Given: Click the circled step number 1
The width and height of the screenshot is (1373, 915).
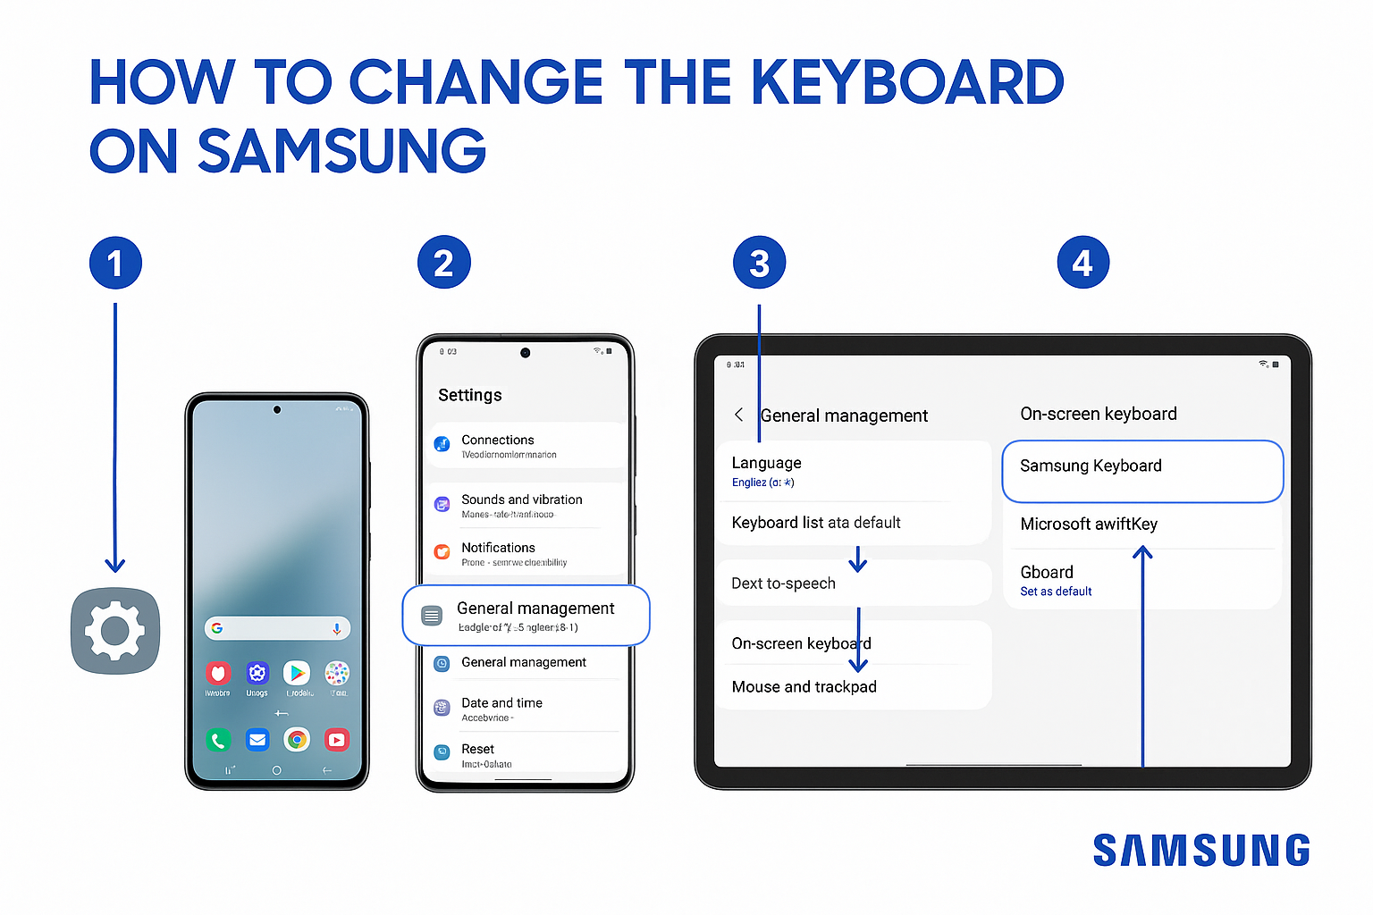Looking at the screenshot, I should (115, 264).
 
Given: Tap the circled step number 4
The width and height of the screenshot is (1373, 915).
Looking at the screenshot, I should (1082, 264).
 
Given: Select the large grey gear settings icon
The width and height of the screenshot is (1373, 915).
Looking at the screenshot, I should (115, 631).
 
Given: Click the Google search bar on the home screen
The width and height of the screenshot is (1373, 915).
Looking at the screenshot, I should (277, 628).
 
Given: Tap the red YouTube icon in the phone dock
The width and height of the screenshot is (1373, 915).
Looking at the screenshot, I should (337, 740).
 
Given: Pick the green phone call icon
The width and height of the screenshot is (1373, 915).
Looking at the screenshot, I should (218, 740).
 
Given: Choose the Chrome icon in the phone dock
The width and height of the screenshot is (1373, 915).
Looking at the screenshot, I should (297, 740).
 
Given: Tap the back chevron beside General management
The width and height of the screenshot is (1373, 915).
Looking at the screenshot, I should (738, 415).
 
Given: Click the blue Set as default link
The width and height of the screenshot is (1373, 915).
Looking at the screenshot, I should (1056, 592).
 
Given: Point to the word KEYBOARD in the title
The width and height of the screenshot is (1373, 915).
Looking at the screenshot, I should (906, 83).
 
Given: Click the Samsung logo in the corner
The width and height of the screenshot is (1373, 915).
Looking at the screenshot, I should (1200, 851).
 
